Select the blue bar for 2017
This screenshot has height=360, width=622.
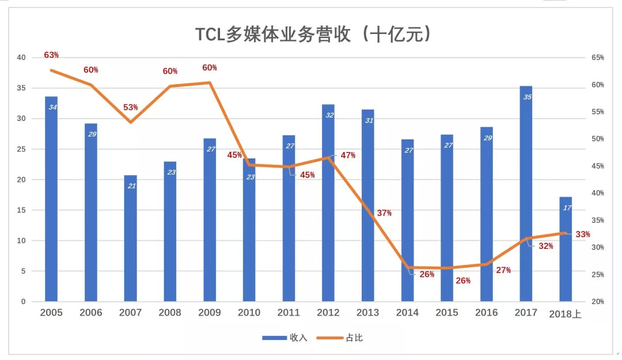(526, 196)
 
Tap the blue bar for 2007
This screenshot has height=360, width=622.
(130, 239)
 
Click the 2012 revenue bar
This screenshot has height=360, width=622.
(328, 204)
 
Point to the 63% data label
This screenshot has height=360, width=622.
(51, 55)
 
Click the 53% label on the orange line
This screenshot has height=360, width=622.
(131, 108)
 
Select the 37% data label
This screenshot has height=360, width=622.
(384, 213)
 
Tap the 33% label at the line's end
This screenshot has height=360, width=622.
(583, 234)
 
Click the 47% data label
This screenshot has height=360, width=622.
(348, 156)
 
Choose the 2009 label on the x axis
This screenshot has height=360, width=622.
(209, 313)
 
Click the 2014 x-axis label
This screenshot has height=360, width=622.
(407, 313)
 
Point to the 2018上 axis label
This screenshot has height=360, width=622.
(566, 313)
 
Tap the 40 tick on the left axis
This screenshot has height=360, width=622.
(21, 58)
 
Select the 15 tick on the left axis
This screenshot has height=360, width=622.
(21, 210)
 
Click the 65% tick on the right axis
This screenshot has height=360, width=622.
(597, 58)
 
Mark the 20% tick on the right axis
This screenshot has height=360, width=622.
(597, 302)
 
